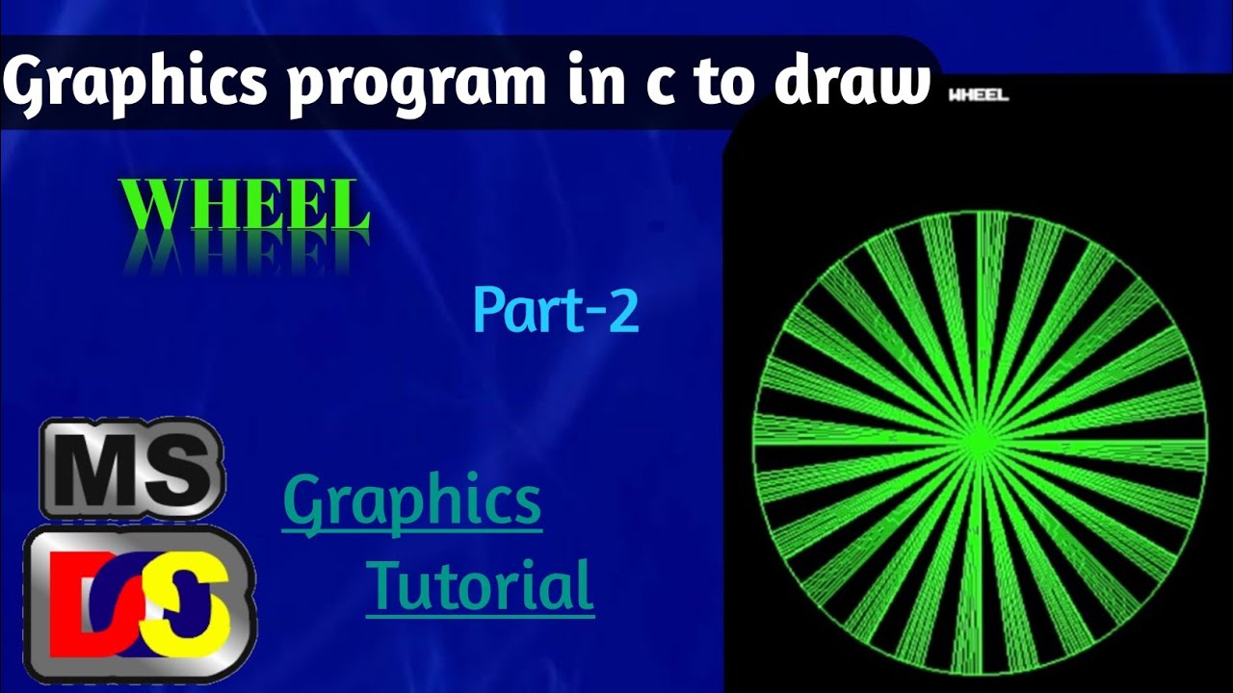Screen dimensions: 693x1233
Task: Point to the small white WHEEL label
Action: pos(978,95)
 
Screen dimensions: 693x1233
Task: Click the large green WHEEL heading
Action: pos(247,206)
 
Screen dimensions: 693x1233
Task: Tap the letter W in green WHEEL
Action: pos(154,206)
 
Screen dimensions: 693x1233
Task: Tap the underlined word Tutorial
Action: pos(480,587)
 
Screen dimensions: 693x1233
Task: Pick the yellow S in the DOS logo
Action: pos(197,604)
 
